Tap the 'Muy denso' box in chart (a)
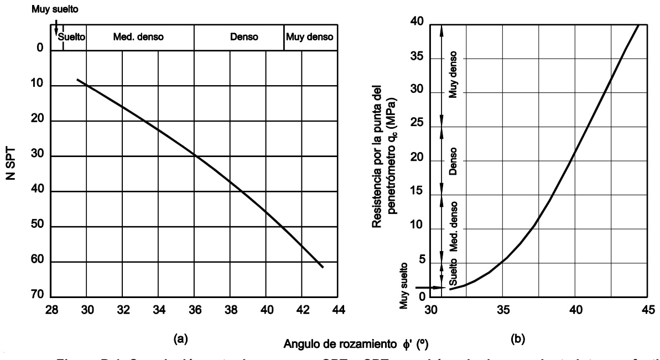[310, 37]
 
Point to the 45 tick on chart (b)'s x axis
[649, 310]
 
